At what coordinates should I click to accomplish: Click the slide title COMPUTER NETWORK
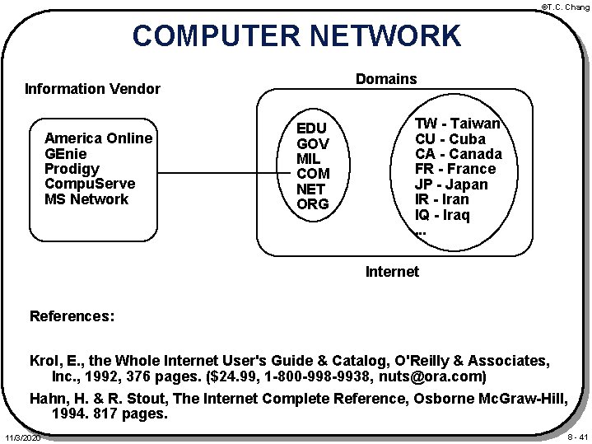coord(297,36)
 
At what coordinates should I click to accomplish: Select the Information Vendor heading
coord(92,88)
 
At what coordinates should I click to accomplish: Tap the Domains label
coord(385,79)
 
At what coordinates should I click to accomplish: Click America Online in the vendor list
coord(98,138)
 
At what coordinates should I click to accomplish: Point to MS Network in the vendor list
coord(87,199)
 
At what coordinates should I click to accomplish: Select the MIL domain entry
coord(310,158)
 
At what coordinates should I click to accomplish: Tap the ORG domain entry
coord(312,203)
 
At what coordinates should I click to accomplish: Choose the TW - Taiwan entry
coord(458,123)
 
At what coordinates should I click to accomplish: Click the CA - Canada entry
coord(459,154)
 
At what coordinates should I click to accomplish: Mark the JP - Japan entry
coord(451,185)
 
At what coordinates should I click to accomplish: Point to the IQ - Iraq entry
coord(443,215)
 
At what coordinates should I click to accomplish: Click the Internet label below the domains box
coord(391,271)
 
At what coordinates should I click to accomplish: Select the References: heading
coord(72,315)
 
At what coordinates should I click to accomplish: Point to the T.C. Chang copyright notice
coord(564,7)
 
